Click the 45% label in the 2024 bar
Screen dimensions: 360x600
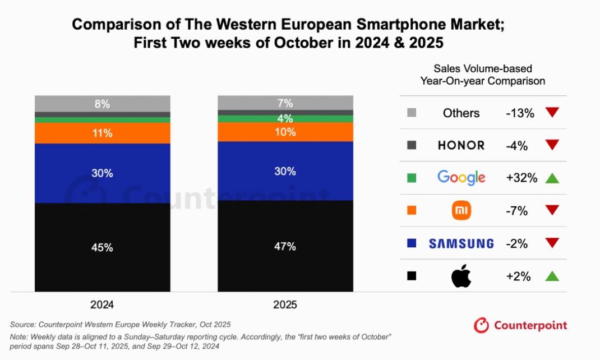(x=103, y=247)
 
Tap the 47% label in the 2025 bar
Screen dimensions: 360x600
(x=285, y=246)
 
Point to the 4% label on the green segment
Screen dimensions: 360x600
(x=285, y=119)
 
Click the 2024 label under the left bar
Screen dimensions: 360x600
(x=102, y=306)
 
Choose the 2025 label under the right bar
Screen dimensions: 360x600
(x=285, y=306)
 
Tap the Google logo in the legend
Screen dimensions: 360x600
(x=461, y=178)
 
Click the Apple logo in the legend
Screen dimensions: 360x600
(x=461, y=276)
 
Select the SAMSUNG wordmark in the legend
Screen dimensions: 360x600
(x=461, y=243)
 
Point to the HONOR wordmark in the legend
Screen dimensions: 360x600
(x=461, y=145)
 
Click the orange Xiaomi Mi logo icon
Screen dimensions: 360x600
(x=461, y=211)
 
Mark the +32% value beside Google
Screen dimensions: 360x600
(x=521, y=178)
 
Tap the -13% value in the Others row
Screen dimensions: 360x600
(x=520, y=113)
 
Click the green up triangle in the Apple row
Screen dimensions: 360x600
(x=552, y=276)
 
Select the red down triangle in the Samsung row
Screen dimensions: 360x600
(x=552, y=243)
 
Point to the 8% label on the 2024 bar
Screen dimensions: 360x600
(x=103, y=104)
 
